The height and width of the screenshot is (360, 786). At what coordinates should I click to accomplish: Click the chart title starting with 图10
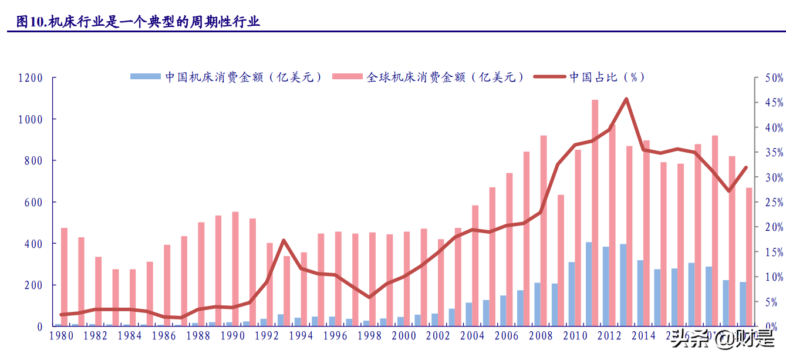(x=138, y=22)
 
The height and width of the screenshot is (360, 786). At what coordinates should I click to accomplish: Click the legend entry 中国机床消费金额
(x=226, y=77)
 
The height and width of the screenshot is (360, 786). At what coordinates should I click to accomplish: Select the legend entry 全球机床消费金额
(x=429, y=77)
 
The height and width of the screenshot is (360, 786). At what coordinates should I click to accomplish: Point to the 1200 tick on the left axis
(x=31, y=78)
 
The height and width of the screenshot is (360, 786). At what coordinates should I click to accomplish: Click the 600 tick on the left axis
(x=34, y=202)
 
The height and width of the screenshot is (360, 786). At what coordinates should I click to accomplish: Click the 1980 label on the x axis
(x=61, y=336)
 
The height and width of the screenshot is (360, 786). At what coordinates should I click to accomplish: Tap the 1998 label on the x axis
(x=369, y=336)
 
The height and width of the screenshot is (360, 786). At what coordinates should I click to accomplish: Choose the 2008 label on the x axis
(x=541, y=336)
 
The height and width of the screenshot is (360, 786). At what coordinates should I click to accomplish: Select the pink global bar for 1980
(x=64, y=276)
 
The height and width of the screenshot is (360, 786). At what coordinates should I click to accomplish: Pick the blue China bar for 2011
(x=588, y=284)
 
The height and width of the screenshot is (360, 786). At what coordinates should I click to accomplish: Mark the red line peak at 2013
(x=626, y=99)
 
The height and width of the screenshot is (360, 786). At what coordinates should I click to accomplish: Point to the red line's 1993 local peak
(x=284, y=240)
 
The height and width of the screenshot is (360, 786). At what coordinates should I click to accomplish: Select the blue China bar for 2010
(x=571, y=294)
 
